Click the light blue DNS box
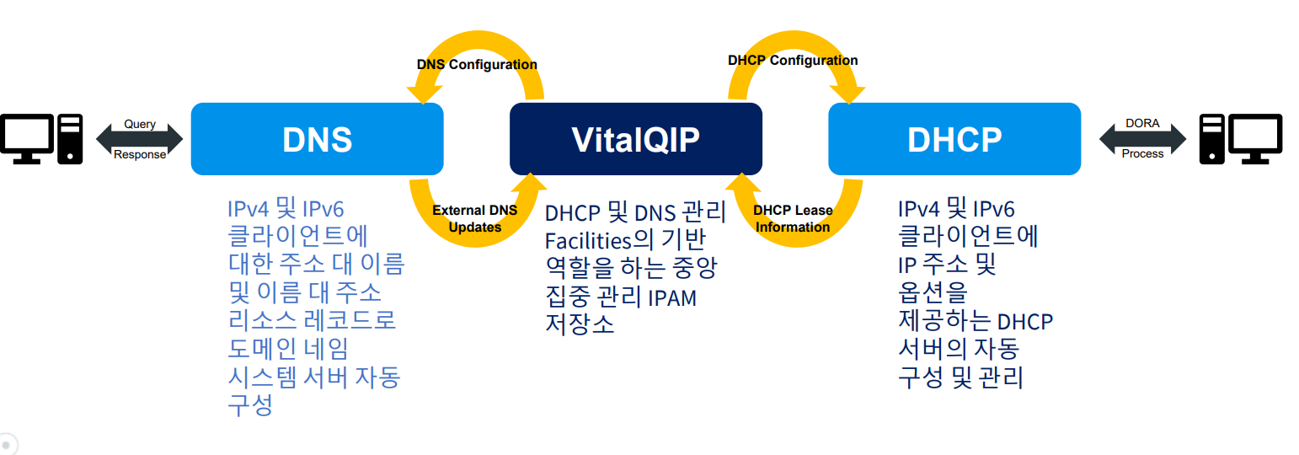tap(318, 139)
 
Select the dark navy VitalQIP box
tap(635, 139)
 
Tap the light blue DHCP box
tap(954, 139)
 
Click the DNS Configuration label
tap(477, 64)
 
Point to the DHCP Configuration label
tap(793, 61)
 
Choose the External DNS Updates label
tap(475, 218)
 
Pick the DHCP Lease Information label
tap(793, 218)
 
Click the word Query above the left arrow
tap(140, 124)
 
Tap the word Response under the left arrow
tap(140, 154)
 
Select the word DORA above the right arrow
tap(1142, 123)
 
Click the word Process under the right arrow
tap(1142, 154)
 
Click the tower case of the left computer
tap(70, 139)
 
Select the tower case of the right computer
tap(1212, 139)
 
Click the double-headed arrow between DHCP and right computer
tap(1142, 139)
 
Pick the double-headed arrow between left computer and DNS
tap(139, 139)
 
